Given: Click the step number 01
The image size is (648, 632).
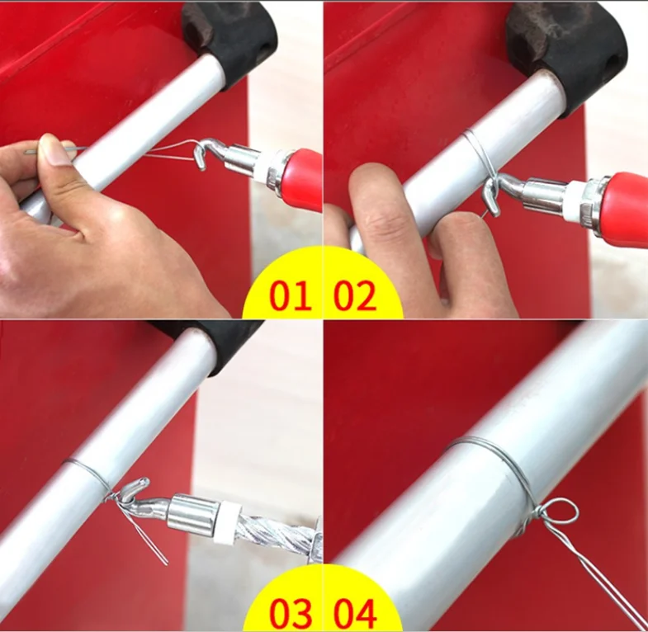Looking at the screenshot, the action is (290, 295).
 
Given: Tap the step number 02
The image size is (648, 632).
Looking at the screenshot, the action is (355, 295).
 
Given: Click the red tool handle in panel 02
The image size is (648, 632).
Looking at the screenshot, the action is (625, 205).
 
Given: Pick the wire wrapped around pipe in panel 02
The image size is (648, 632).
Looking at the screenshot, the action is (478, 152).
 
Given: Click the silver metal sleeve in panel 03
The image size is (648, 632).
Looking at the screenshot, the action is (192, 512).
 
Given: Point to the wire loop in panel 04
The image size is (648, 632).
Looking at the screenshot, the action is (557, 511).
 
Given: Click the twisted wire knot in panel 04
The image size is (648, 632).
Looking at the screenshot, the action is (527, 521).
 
